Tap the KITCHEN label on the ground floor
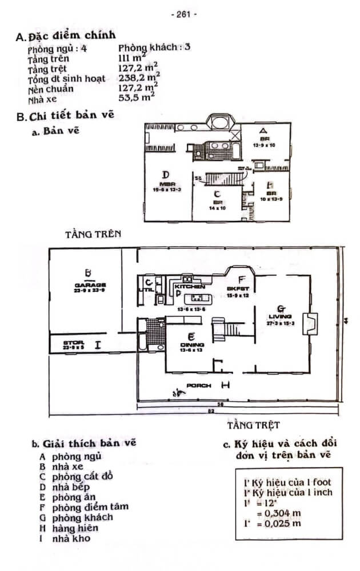tap(190, 286)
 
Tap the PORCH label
tap(199, 385)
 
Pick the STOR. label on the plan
tap(74, 342)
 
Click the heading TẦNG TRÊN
tap(93, 234)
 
